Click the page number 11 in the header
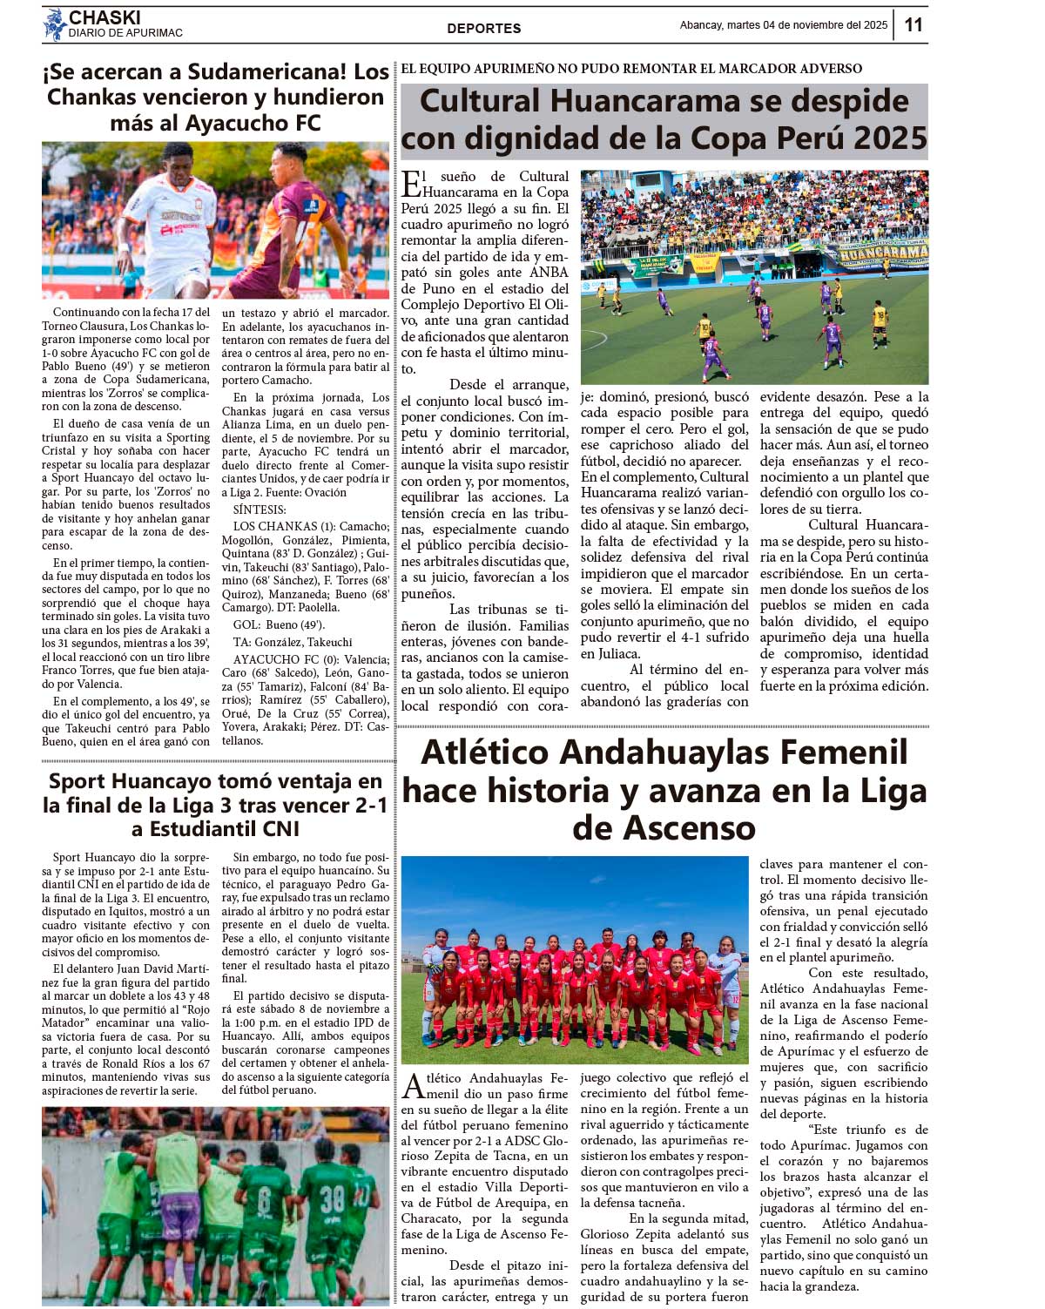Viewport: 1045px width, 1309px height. pos(913,24)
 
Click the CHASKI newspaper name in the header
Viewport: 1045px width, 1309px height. pos(104,17)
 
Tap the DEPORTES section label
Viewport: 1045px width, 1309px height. pos(483,28)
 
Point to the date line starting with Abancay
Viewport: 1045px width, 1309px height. pos(783,25)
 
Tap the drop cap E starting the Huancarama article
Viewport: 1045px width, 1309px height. pos(410,185)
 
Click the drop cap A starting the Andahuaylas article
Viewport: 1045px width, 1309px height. pos(413,1087)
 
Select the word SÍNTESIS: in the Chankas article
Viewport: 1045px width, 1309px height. pos(260,509)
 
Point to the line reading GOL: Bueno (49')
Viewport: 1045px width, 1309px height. pos(279,624)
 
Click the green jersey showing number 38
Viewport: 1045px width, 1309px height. pos(333,1201)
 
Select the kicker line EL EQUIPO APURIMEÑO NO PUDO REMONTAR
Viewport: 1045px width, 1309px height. pos(631,69)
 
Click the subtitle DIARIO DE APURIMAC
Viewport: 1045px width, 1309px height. pos(125,33)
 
